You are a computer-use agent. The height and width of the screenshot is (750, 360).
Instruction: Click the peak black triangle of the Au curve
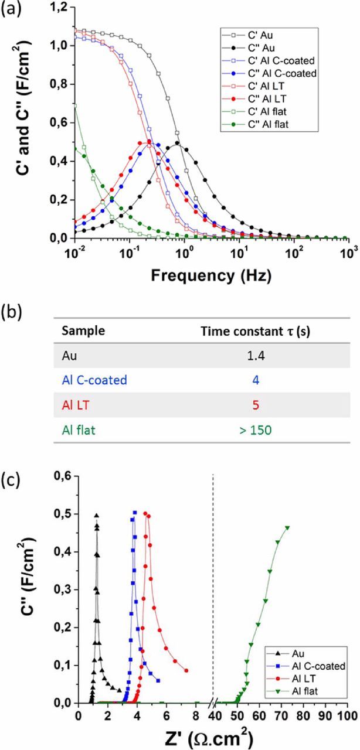tap(96, 516)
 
